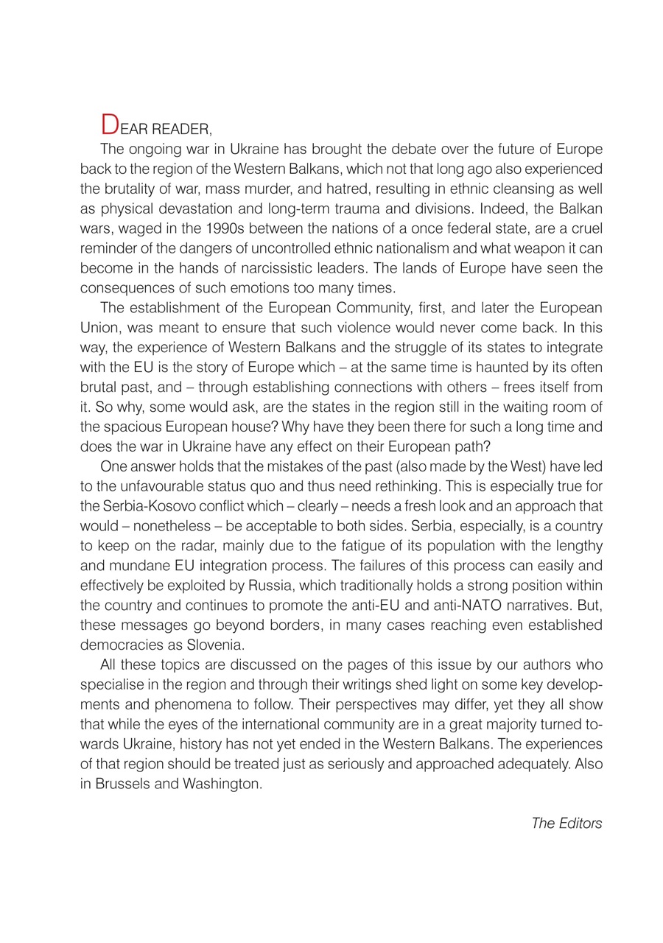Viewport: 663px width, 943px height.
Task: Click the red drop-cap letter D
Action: (x=109, y=125)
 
